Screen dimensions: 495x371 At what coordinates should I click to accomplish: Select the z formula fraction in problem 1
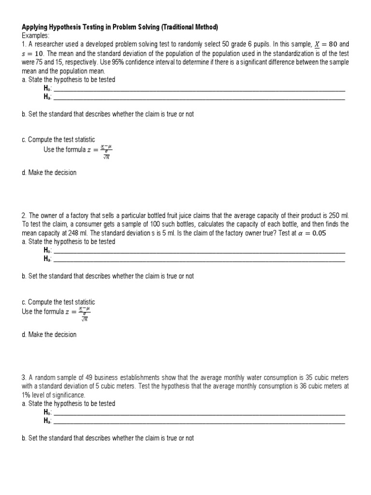(x=106, y=151)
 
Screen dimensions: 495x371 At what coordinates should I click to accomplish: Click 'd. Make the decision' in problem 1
(x=49, y=173)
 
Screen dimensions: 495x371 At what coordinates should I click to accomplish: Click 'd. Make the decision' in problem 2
(x=49, y=335)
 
